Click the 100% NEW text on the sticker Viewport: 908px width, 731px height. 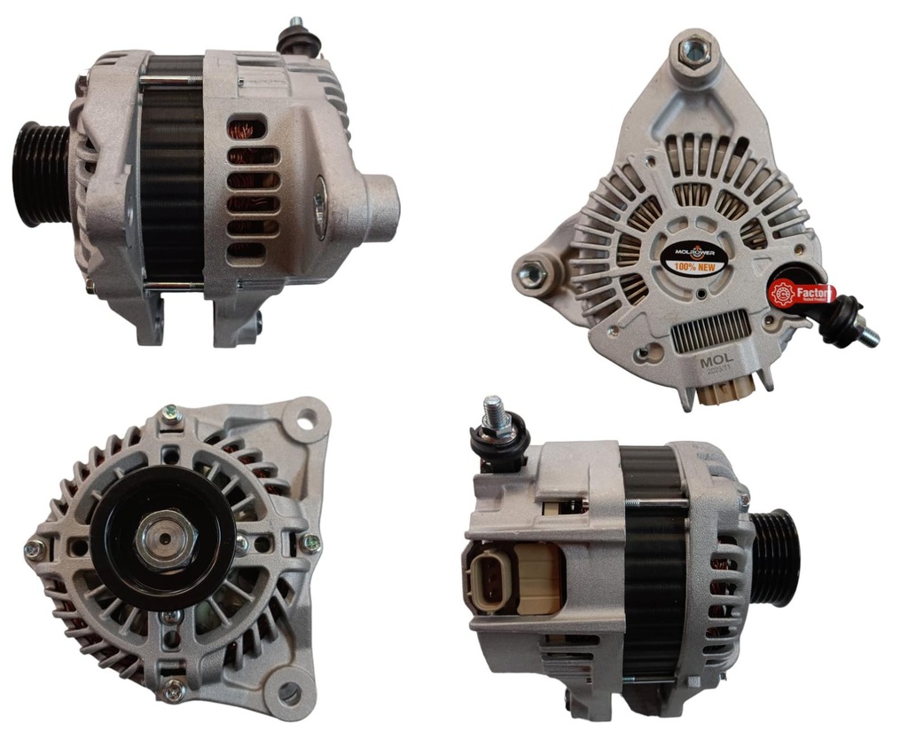(693, 266)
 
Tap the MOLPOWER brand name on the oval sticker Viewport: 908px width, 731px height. (693, 252)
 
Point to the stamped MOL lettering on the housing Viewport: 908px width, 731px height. (716, 362)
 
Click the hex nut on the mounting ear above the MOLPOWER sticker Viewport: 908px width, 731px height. (693, 51)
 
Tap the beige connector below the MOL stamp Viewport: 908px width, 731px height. (725, 390)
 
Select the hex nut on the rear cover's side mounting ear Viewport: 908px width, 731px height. (532, 276)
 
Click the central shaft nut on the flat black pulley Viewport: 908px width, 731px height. (167, 538)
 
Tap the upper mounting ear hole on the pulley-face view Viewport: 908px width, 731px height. (305, 421)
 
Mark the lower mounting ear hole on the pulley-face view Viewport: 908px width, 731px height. (289, 694)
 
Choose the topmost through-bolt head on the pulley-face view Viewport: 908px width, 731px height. (170, 414)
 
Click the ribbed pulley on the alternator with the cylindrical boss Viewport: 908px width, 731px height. (41, 175)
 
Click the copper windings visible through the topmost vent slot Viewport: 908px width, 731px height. (247, 130)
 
